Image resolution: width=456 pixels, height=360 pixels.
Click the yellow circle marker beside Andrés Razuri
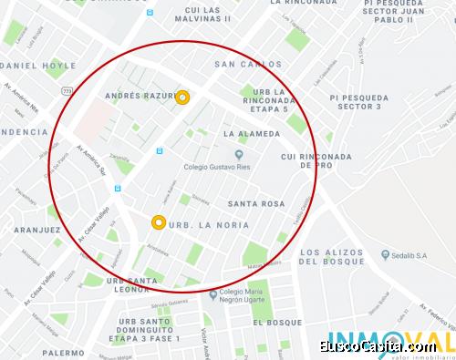pos(182,98)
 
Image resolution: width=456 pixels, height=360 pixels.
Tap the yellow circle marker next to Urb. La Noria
pos(159,221)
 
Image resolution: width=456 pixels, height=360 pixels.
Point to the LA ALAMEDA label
pos(252,133)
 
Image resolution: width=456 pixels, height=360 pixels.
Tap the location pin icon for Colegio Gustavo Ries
pos(239,154)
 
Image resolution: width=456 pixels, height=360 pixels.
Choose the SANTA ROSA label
pos(256,203)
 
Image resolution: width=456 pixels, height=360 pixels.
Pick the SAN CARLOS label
pos(243,65)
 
